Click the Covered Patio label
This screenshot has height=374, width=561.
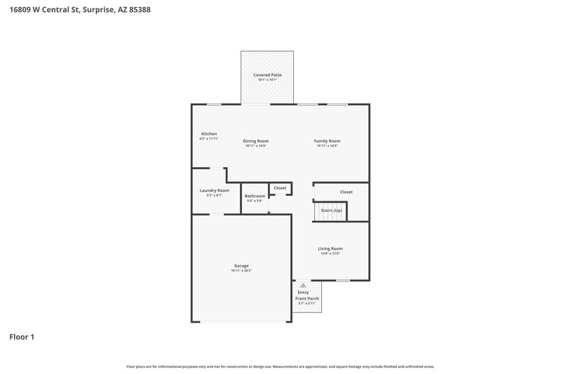point(266,74)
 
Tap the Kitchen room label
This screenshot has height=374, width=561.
point(209,133)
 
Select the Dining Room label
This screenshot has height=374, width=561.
point(256,140)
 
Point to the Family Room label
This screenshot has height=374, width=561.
point(327,140)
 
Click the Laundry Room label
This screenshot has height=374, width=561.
point(214,190)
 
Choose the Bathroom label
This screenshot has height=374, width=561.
point(255,196)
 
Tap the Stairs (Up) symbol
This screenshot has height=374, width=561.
point(331,211)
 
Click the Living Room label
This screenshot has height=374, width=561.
point(330,248)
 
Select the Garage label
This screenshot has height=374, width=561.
point(241,265)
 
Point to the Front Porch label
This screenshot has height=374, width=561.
point(307,298)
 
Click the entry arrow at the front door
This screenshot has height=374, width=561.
point(303,286)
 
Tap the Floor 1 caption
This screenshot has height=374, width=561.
point(22,337)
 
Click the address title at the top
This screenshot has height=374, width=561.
point(80,11)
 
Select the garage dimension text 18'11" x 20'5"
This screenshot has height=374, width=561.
point(241,270)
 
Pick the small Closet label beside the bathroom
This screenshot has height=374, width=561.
point(280,188)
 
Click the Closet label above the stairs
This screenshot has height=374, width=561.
point(346,192)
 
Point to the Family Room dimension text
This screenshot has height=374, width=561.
point(327,145)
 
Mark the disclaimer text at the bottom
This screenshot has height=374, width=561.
point(280,366)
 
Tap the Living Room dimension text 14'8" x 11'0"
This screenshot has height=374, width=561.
point(330,253)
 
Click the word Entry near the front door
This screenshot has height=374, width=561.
point(303,292)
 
